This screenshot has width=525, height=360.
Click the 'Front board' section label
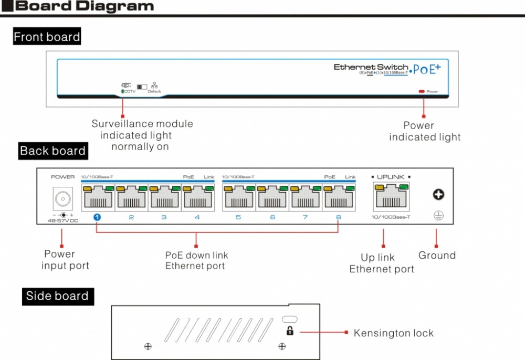47,37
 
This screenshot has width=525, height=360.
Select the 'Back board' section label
52,151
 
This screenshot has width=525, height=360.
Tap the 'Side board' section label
57,296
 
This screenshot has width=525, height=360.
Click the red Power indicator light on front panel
422,92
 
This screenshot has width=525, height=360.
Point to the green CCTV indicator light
122,92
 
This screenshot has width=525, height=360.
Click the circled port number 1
98,217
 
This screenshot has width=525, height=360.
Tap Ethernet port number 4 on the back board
197,197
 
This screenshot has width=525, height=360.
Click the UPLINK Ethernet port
391,197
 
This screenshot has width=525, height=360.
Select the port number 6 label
272,217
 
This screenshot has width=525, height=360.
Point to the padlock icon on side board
289,331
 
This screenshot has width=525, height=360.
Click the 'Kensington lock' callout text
393,333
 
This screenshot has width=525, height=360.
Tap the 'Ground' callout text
437,256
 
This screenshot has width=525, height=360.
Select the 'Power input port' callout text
65,260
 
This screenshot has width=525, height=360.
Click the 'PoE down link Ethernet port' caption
197,260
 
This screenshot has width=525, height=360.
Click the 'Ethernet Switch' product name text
371,67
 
